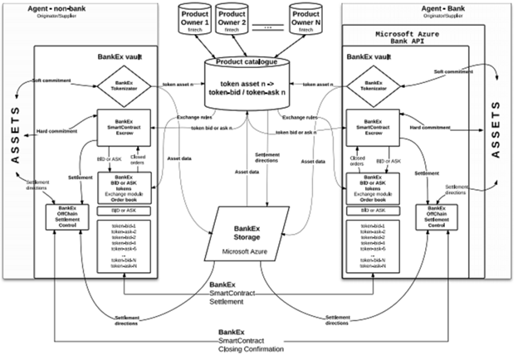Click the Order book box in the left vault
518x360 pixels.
(123, 187)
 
